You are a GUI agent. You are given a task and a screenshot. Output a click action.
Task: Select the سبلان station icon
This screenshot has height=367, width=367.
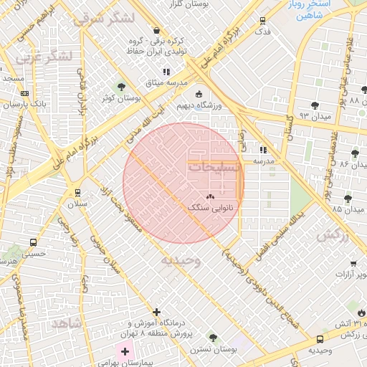[x=77, y=193]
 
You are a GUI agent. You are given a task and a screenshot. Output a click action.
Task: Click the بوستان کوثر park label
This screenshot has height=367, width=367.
[x=119, y=97]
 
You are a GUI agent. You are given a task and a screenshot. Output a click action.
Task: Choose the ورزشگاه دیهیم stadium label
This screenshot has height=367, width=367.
[x=199, y=106]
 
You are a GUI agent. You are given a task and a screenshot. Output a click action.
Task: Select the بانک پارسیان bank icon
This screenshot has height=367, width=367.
[x=25, y=93]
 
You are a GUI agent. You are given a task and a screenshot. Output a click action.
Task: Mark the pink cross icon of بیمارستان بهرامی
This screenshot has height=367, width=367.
[x=125, y=351]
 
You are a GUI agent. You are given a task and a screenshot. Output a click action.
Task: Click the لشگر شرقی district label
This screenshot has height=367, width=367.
[x=103, y=17]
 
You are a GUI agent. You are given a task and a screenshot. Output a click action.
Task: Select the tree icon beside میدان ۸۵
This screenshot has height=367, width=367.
[x=348, y=199]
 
